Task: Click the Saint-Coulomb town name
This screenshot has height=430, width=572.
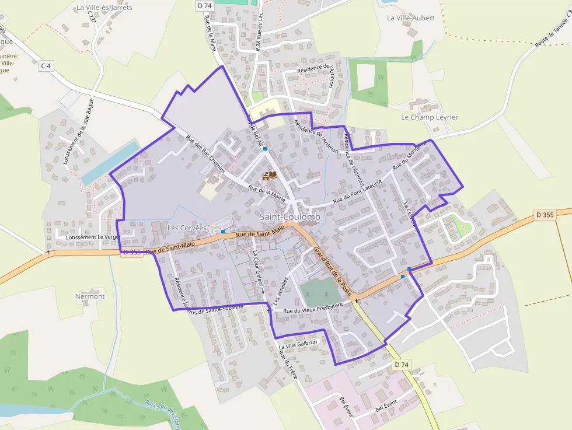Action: pyautogui.click(x=290, y=217)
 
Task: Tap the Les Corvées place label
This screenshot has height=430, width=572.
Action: pyautogui.click(x=187, y=228)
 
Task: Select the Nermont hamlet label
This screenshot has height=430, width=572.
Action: pyautogui.click(x=90, y=296)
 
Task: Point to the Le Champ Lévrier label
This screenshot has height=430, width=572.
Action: pyautogui.click(x=429, y=117)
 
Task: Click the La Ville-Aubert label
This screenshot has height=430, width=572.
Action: pyautogui.click(x=411, y=18)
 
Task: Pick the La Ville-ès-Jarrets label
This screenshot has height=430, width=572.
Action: pyautogui.click(x=104, y=8)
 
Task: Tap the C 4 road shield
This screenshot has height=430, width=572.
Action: pyautogui.click(x=46, y=67)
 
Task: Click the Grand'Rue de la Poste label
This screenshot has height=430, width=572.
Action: pyautogui.click(x=333, y=271)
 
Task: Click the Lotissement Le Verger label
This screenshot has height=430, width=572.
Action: pyautogui.click(x=93, y=237)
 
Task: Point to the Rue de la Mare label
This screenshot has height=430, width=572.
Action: pyautogui.click(x=211, y=32)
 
